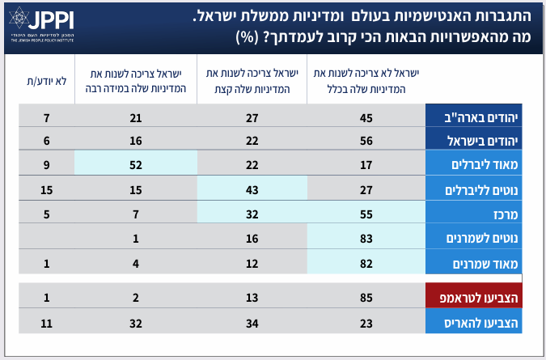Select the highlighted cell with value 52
pos(135,165)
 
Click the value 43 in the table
pos(252,189)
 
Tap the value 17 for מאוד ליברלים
pos(366,165)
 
